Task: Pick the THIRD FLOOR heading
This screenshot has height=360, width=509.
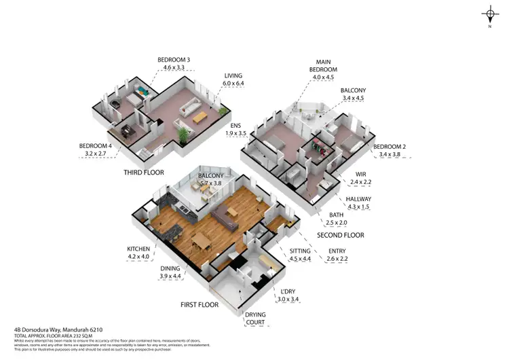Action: [144, 173]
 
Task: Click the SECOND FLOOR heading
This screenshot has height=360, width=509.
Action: [341, 235]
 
